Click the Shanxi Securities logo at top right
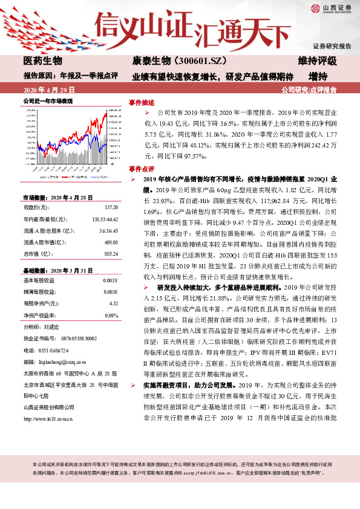[x=332, y=8]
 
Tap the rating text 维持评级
[x=317, y=61]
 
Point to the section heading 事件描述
[x=142, y=102]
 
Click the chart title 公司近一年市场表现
[x=48, y=101]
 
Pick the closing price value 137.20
[x=111, y=207]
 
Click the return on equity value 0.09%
[x=111, y=314]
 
